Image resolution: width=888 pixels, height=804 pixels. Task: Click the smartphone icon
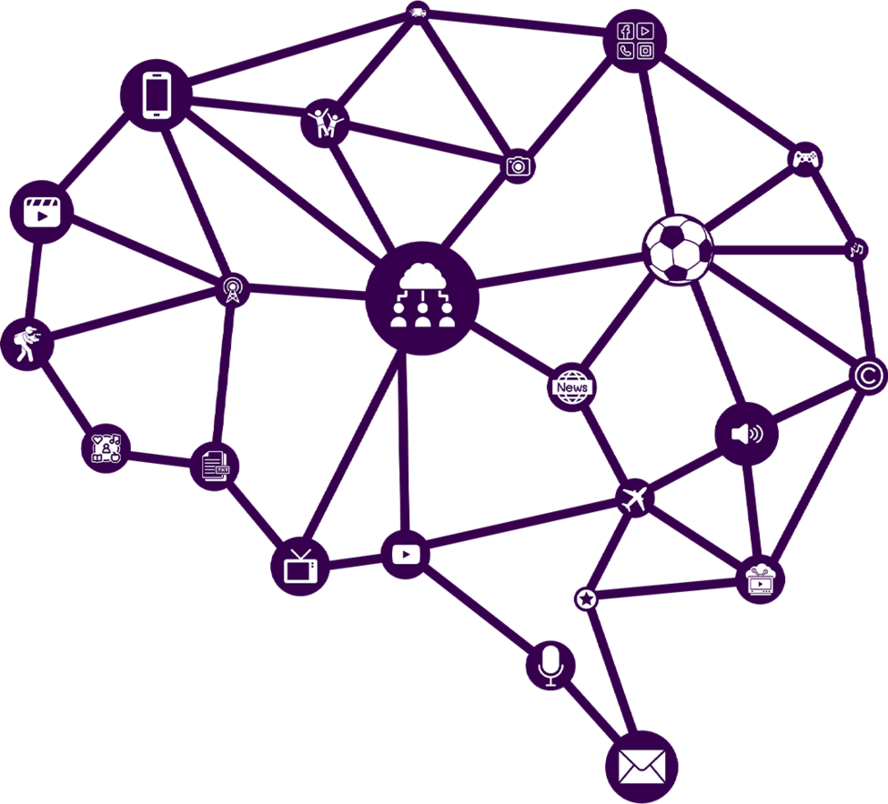(x=157, y=95)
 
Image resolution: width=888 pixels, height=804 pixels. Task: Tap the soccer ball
(x=678, y=248)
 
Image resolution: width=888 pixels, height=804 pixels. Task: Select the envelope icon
(x=641, y=767)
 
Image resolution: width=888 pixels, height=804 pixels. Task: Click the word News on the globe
(x=572, y=388)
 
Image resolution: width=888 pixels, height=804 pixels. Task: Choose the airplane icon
(x=635, y=498)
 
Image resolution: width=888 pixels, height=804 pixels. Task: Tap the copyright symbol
(x=868, y=375)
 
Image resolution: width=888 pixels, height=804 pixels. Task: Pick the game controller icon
(x=805, y=159)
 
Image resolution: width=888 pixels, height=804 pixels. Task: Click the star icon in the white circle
(x=587, y=598)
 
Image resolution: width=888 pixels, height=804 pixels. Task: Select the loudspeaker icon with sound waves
(x=747, y=434)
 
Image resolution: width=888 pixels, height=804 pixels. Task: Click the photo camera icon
(x=519, y=166)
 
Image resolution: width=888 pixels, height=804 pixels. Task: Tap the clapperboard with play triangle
(x=41, y=211)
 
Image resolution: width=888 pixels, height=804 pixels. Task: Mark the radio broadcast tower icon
(x=233, y=290)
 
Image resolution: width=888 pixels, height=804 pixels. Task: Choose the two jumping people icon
(x=326, y=123)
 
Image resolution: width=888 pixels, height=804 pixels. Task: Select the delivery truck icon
(x=416, y=12)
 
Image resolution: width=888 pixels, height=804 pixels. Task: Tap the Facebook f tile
(x=626, y=31)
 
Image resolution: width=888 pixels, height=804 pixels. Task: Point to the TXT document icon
(x=215, y=467)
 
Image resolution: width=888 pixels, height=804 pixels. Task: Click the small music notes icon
(x=857, y=248)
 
